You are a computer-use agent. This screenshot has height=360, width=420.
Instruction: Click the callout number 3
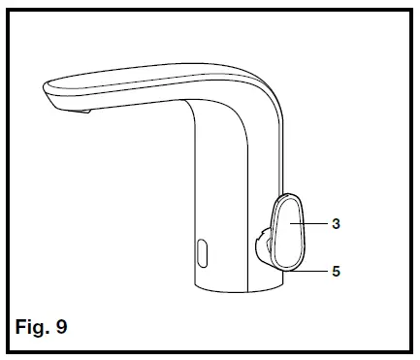336,223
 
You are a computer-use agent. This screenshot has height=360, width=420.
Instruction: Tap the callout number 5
336,272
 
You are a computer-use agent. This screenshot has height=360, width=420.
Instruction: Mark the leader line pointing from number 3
314,223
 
